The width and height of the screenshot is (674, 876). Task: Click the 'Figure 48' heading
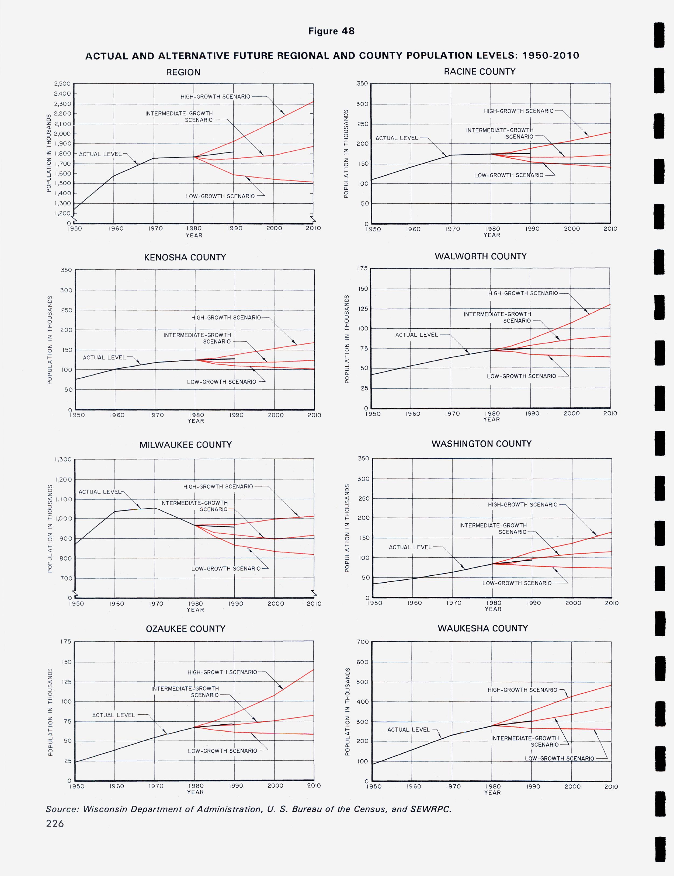[x=331, y=31]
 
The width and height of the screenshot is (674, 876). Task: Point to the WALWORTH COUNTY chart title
[x=480, y=256]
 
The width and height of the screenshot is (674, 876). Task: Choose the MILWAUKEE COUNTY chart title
[x=185, y=444]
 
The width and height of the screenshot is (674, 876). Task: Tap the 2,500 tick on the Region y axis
[x=62, y=84]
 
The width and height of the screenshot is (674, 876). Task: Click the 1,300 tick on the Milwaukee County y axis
[x=63, y=460]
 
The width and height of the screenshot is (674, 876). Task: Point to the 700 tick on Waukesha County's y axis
[x=362, y=642]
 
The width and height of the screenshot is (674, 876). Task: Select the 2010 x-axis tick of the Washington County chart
[x=612, y=603]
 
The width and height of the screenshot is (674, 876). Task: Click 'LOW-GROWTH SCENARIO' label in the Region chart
[x=220, y=196]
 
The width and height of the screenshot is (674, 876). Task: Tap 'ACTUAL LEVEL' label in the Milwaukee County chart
[x=99, y=492]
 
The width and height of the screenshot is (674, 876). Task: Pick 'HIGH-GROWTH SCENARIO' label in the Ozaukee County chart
[x=222, y=672]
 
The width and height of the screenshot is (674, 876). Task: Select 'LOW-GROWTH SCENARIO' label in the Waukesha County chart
[x=559, y=759]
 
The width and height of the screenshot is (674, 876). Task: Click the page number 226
[x=55, y=823]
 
